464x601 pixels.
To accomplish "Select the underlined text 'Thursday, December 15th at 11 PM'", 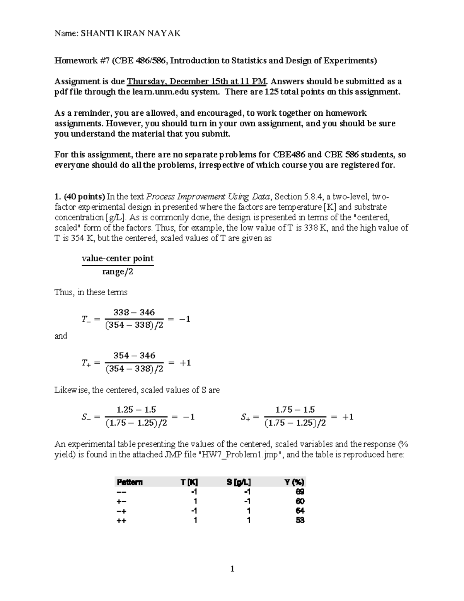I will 197,81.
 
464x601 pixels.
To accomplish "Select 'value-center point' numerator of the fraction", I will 118,258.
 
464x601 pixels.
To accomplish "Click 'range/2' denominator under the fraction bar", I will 118,272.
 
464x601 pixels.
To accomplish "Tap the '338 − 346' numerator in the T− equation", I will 134,312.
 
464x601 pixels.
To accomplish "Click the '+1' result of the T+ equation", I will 185,363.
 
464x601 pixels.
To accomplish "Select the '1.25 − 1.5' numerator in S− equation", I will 136,409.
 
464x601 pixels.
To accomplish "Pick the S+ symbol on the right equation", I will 246,417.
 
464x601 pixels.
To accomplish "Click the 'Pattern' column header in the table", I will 130,482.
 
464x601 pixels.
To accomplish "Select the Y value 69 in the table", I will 300,492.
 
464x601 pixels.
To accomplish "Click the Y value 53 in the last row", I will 300,520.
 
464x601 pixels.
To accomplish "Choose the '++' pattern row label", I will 121,521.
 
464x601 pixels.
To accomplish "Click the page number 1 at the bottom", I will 232,568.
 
